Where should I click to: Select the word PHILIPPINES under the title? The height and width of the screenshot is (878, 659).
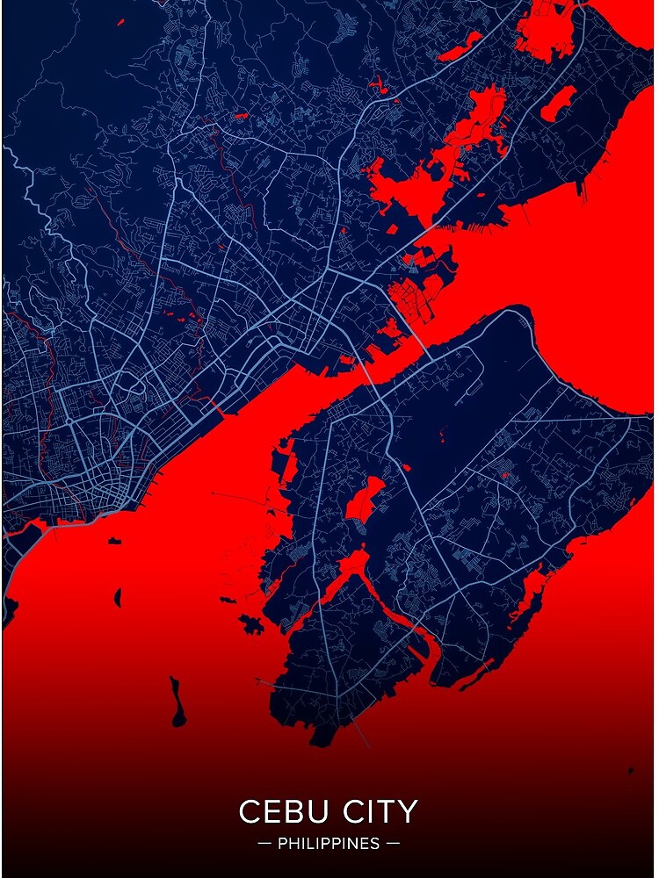click(x=329, y=844)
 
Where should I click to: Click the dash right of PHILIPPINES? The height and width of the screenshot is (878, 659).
click(x=393, y=844)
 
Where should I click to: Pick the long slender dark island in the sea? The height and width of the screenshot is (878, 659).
click(x=178, y=702)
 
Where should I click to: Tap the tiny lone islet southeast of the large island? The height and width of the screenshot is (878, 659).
click(x=629, y=772)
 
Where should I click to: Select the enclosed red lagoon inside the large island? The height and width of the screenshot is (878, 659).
click(x=363, y=499)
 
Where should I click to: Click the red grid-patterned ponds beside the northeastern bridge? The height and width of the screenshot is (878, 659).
click(x=413, y=299)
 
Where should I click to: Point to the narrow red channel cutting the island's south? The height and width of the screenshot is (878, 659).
click(x=387, y=606)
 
